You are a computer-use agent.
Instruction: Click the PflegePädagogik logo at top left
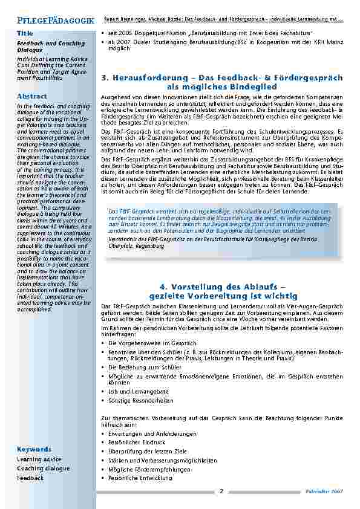coord(47,20)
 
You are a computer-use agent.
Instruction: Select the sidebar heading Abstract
coord(32,97)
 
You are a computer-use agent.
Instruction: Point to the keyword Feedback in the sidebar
coord(30,478)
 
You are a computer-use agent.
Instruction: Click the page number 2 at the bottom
coord(221,491)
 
